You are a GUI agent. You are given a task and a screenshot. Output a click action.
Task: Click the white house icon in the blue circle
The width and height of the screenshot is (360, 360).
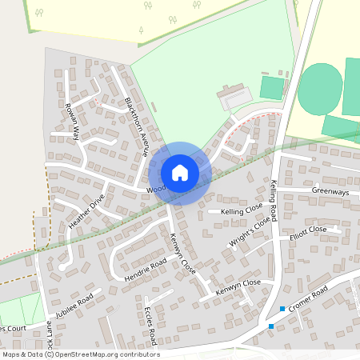click(180, 172)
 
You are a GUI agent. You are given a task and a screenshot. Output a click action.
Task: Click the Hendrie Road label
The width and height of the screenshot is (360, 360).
click(146, 270)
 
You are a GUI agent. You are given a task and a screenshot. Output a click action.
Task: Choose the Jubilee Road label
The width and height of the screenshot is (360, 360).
click(75, 307)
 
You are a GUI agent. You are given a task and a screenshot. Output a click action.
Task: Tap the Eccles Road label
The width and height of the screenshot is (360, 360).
click(154, 322)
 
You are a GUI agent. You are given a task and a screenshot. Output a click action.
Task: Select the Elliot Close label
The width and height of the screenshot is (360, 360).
click(308, 230)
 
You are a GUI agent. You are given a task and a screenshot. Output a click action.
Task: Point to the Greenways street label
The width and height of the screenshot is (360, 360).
click(330, 191)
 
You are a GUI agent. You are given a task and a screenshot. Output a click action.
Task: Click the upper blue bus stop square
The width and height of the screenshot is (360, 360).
click(282, 309)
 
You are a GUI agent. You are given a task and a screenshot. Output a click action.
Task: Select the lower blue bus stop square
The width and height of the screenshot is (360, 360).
click(271, 326)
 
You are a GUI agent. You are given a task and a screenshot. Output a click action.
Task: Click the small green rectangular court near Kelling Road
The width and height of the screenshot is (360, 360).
click(272, 87)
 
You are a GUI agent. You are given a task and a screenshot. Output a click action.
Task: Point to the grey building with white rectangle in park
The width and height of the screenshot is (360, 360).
click(233, 99)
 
